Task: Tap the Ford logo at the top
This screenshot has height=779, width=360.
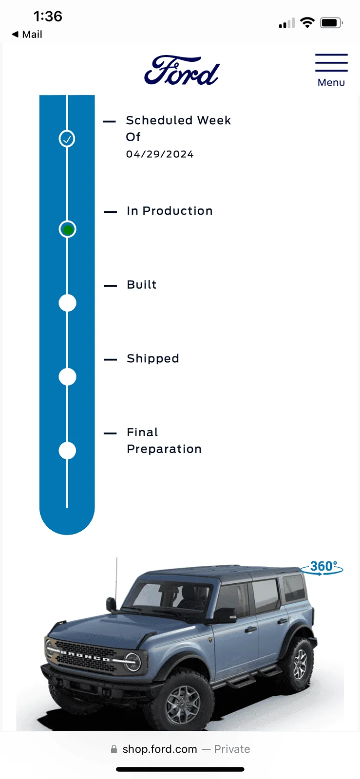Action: point(182,71)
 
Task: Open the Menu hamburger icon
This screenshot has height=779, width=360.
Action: point(331,63)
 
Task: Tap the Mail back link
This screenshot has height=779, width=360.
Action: point(27,35)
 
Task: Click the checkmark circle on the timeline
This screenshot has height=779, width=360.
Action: point(67,138)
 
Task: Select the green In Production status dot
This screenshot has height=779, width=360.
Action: point(68,229)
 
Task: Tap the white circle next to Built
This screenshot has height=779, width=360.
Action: point(68,303)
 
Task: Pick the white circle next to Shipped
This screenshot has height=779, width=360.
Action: point(68,377)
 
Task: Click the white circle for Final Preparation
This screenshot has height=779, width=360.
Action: point(68,451)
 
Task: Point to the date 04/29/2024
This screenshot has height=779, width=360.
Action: point(160,154)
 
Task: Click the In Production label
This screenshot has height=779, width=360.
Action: point(170,211)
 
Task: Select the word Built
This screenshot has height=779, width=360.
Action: point(142,284)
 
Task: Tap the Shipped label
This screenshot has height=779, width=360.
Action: point(153,358)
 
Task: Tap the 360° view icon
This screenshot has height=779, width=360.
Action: point(322,567)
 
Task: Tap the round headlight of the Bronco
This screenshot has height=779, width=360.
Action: point(133,662)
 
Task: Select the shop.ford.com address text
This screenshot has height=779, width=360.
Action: point(160,749)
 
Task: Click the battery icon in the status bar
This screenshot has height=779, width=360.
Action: point(331,23)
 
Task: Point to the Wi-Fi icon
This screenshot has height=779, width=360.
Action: point(307,22)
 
